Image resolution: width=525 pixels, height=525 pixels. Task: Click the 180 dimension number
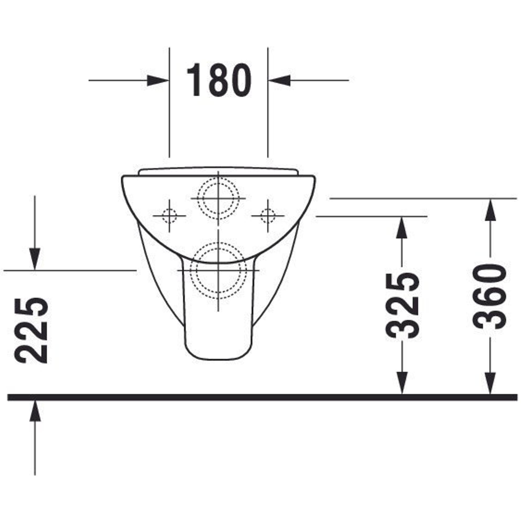point(219,80)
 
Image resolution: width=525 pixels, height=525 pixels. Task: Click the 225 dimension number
point(32,330)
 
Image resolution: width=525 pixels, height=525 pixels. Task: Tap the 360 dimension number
point(490,297)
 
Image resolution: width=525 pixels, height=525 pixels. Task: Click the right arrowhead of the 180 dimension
point(279,80)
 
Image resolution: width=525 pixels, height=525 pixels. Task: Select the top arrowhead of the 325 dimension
point(402,228)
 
